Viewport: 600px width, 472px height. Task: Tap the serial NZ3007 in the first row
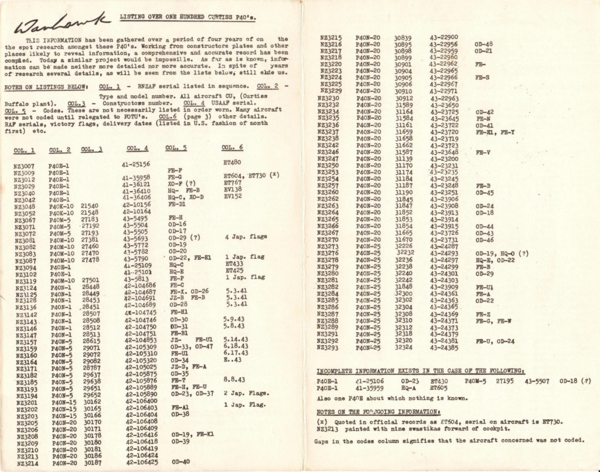[x=24, y=166]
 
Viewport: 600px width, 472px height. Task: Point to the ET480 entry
[x=233, y=162]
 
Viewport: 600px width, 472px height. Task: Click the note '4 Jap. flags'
[x=246, y=237]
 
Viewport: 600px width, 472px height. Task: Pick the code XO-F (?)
[x=181, y=183]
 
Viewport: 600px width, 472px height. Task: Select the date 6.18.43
[x=236, y=346]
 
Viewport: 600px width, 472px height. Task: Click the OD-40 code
[x=180, y=461]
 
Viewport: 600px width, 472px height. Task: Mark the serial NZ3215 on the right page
[x=331, y=37]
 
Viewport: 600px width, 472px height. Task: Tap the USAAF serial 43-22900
[x=444, y=37]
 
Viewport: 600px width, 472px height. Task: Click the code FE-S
[x=483, y=77]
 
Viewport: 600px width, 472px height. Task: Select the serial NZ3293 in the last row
[x=331, y=347]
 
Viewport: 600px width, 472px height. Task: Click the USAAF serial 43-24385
[x=444, y=347]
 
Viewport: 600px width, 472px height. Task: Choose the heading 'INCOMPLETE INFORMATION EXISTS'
[x=420, y=371]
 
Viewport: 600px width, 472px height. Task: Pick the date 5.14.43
[x=236, y=340]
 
